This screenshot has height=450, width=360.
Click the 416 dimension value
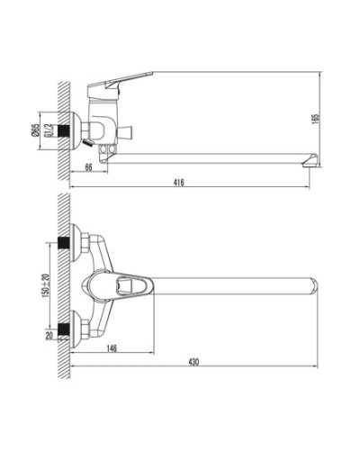(179, 183)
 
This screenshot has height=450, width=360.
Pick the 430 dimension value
(192, 362)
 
